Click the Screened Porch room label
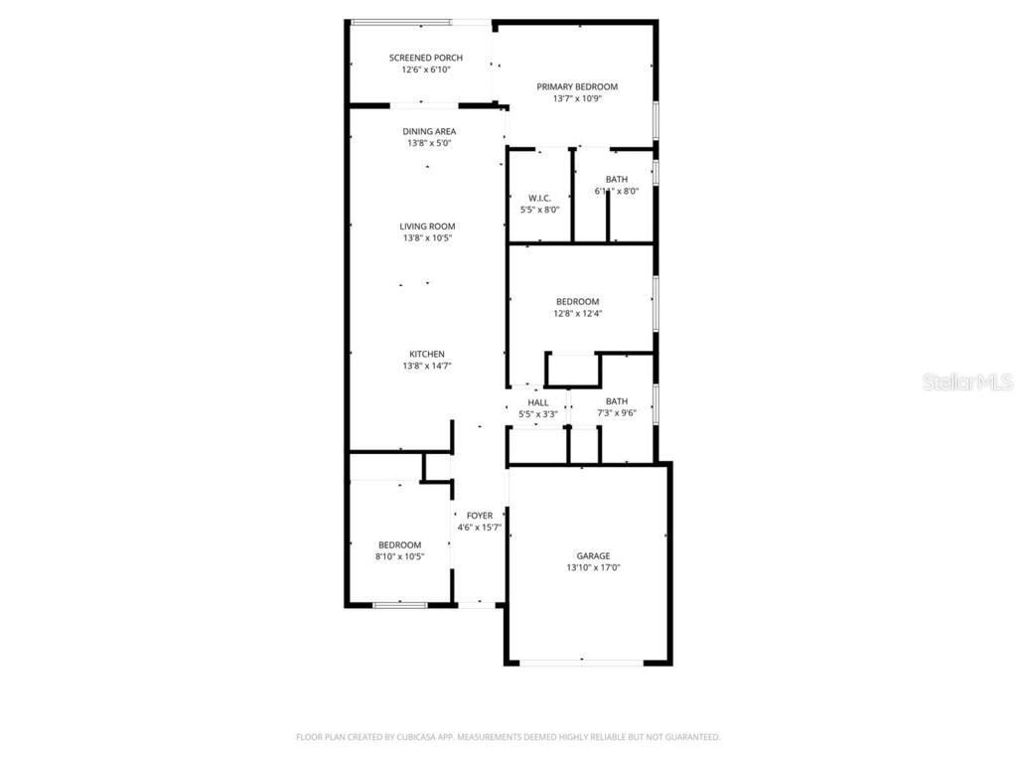tap(425, 58)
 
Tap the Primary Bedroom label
tap(577, 86)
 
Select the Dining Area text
tap(429, 131)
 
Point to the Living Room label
tap(429, 227)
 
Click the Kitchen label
tap(427, 355)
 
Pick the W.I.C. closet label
tap(540, 198)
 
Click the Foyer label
tap(480, 515)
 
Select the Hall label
tap(538, 402)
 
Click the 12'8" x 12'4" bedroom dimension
tap(577, 313)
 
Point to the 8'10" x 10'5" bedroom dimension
tap(400, 556)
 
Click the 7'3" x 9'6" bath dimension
tap(616, 413)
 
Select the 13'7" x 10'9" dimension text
tap(577, 98)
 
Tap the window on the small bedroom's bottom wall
tap(399, 603)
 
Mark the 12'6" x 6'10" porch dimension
tap(425, 70)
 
